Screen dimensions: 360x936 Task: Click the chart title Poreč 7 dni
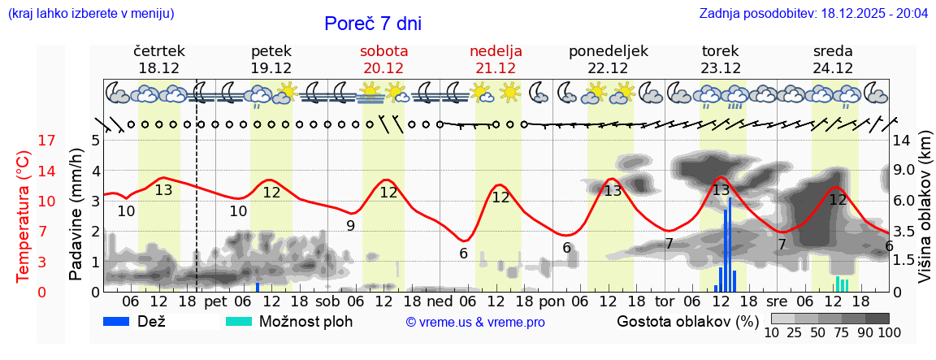[x=373, y=24]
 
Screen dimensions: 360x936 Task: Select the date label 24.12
[x=833, y=68]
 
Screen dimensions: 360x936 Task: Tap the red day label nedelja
[x=496, y=51]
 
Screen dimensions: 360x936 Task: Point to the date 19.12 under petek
[x=271, y=68]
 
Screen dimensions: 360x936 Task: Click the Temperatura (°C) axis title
[x=24, y=216]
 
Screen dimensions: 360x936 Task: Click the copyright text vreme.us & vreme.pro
[x=475, y=323]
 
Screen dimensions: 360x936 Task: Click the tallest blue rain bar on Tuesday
[x=730, y=244]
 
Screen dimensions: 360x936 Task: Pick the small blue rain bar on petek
[x=258, y=287]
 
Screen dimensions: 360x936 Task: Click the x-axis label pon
[x=552, y=301]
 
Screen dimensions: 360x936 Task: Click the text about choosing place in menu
[x=91, y=14]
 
